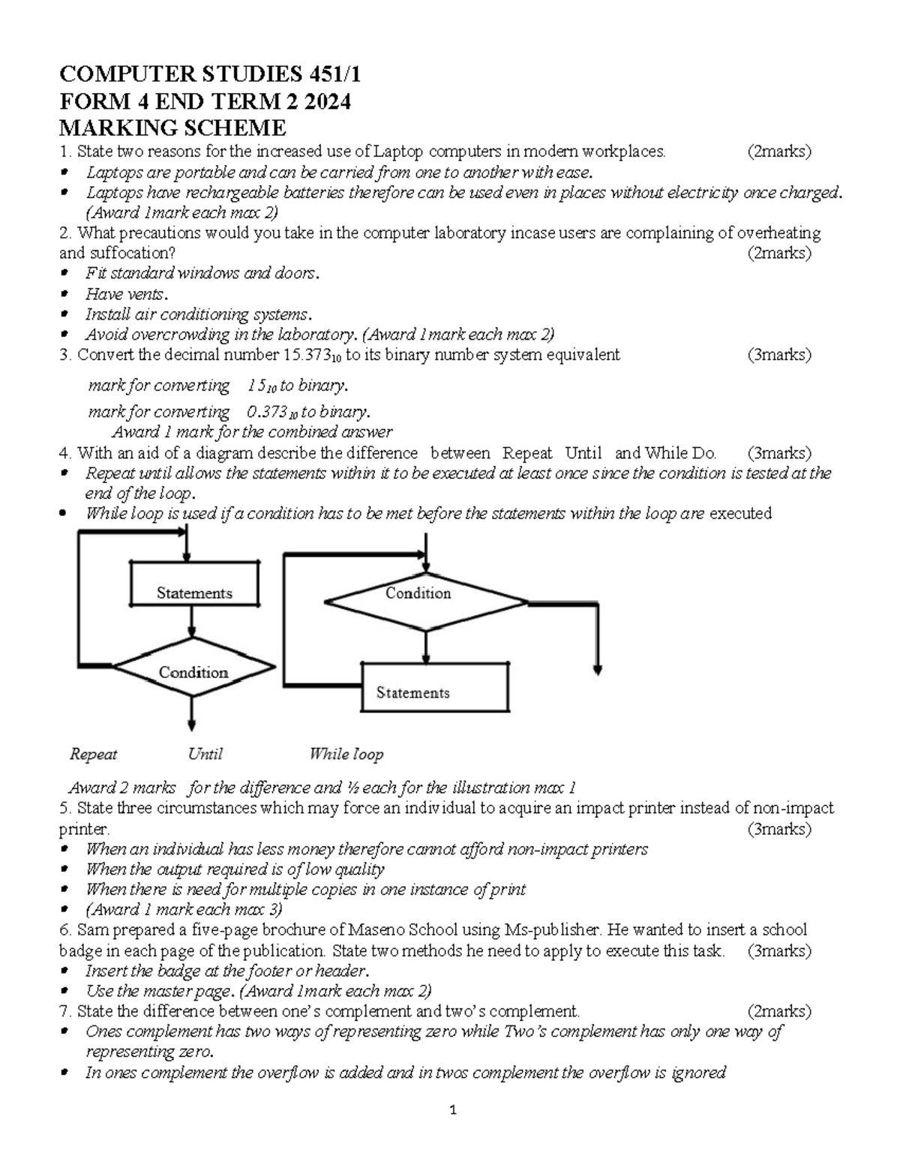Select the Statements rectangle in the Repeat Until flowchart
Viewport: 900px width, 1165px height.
click(194, 584)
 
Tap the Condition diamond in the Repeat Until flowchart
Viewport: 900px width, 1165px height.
click(193, 671)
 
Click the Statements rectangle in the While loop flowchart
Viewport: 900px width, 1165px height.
click(434, 686)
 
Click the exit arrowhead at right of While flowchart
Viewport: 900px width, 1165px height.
click(598, 671)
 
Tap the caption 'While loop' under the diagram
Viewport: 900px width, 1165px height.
click(346, 754)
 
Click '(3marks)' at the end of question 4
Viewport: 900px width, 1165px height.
click(779, 453)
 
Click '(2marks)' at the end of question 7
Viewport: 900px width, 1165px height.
click(779, 1011)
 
